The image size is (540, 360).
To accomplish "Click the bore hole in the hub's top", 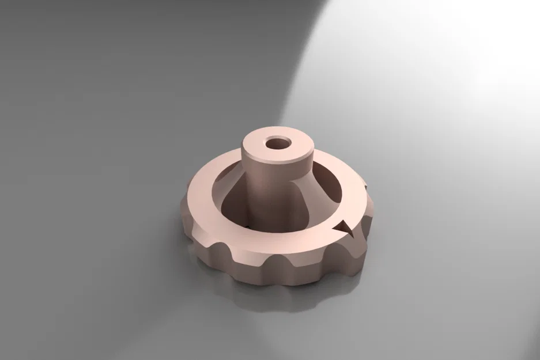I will coord(278,143).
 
